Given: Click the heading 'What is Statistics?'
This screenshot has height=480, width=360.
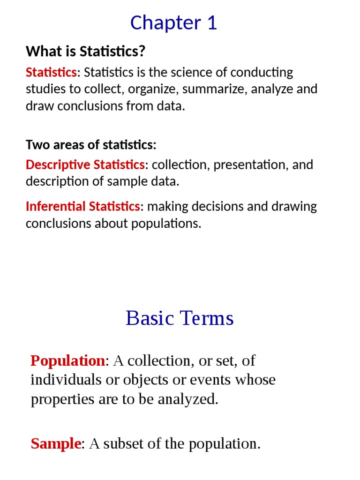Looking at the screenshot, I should pos(85,51).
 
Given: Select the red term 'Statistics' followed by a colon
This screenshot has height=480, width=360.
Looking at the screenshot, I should pos(51,73).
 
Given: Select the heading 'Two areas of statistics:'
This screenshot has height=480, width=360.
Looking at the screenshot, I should pos(91,145).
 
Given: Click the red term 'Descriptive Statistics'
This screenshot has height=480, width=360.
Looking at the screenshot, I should pos(85,165).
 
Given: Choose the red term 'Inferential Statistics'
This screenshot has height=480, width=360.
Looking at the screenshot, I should pos(82,206).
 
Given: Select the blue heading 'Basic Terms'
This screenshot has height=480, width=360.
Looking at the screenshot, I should pos(180,318).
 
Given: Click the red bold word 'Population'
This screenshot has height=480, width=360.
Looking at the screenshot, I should pos(67,360).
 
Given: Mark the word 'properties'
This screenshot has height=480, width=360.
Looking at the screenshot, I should pos(61,399).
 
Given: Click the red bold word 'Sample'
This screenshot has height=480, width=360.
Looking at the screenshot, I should pos(56,443).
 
